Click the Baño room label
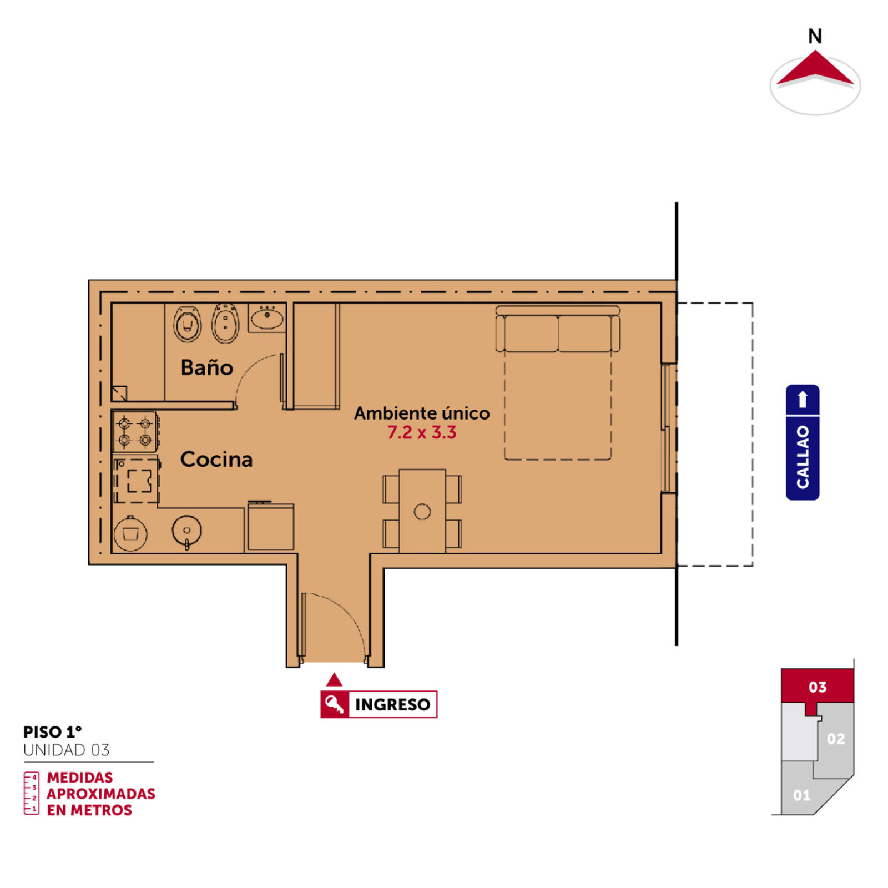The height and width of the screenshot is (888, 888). click(206, 367)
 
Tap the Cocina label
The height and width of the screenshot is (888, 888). click(216, 460)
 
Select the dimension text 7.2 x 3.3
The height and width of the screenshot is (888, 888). click(422, 432)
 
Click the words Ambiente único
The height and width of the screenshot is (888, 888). click(422, 413)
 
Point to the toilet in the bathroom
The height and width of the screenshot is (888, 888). click(188, 324)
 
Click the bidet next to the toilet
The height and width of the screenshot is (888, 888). click(225, 323)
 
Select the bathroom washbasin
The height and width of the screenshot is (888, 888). click(267, 318)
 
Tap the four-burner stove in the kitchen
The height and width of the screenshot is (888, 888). click(135, 432)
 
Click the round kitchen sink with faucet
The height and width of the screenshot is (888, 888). click(186, 532)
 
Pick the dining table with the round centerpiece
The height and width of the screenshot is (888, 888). click(422, 511)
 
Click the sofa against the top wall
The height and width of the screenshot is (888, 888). click(558, 329)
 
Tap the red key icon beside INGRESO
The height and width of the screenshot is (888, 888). click(335, 704)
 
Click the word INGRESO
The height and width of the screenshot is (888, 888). click(392, 704)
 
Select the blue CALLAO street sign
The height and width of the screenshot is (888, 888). click(803, 442)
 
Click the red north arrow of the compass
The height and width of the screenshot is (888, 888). click(815, 68)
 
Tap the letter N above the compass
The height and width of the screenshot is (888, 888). click(815, 37)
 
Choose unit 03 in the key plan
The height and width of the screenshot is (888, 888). click(818, 687)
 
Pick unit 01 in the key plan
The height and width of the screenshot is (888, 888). click(802, 795)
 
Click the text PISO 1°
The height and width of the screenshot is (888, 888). click(52, 732)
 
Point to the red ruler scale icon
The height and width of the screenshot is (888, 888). click(31, 793)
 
